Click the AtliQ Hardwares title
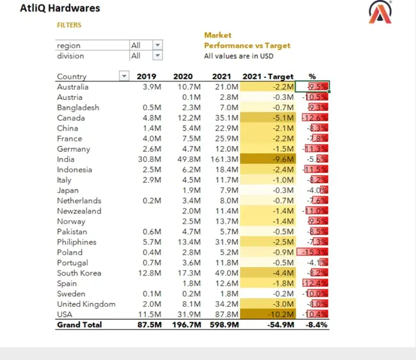pyautogui.click(x=60, y=9)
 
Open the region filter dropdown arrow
pyautogui.click(x=157, y=45)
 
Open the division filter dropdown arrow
pyautogui.click(x=157, y=56)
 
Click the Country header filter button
pyautogui.click(x=124, y=77)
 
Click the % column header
pyautogui.click(x=312, y=77)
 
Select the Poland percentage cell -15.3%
pyautogui.click(x=314, y=252)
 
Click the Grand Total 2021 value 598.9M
pyautogui.click(x=223, y=325)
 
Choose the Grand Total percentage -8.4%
pyautogui.click(x=317, y=325)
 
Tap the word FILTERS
pyautogui.click(x=69, y=25)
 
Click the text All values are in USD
pyautogui.click(x=236, y=56)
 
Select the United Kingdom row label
pyautogui.click(x=86, y=304)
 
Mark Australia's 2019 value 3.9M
pyautogui.click(x=152, y=87)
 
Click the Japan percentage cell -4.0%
pyautogui.click(x=316, y=190)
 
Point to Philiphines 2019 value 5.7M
pyautogui.click(x=152, y=242)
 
